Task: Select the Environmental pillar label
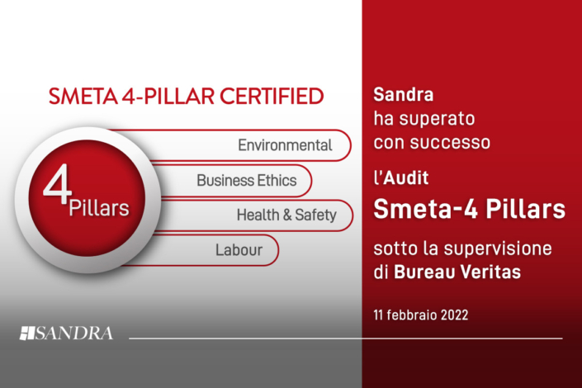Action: [x=285, y=145]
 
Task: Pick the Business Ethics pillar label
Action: [x=246, y=180]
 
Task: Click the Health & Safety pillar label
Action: [x=286, y=215]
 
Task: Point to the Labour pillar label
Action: [x=239, y=249]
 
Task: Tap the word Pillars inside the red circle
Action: [x=100, y=207]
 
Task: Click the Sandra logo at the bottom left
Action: [x=67, y=334]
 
